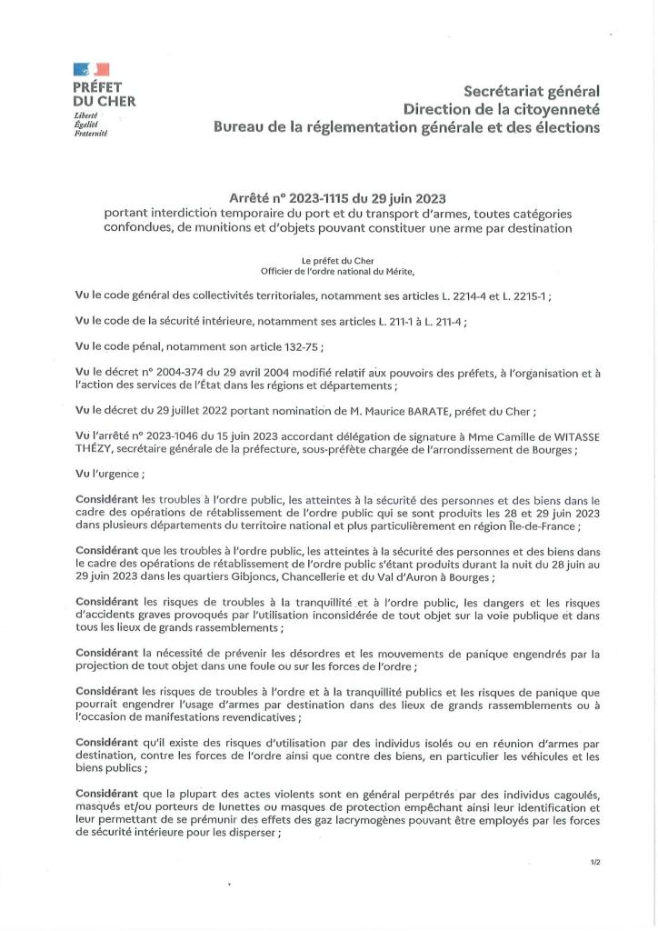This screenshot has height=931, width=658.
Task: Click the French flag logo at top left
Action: click(93, 70)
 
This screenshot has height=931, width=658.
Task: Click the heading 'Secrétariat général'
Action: click(532, 91)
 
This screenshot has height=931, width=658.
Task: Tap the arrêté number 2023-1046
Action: click(174, 435)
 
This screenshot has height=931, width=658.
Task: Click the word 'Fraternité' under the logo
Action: click(91, 133)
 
